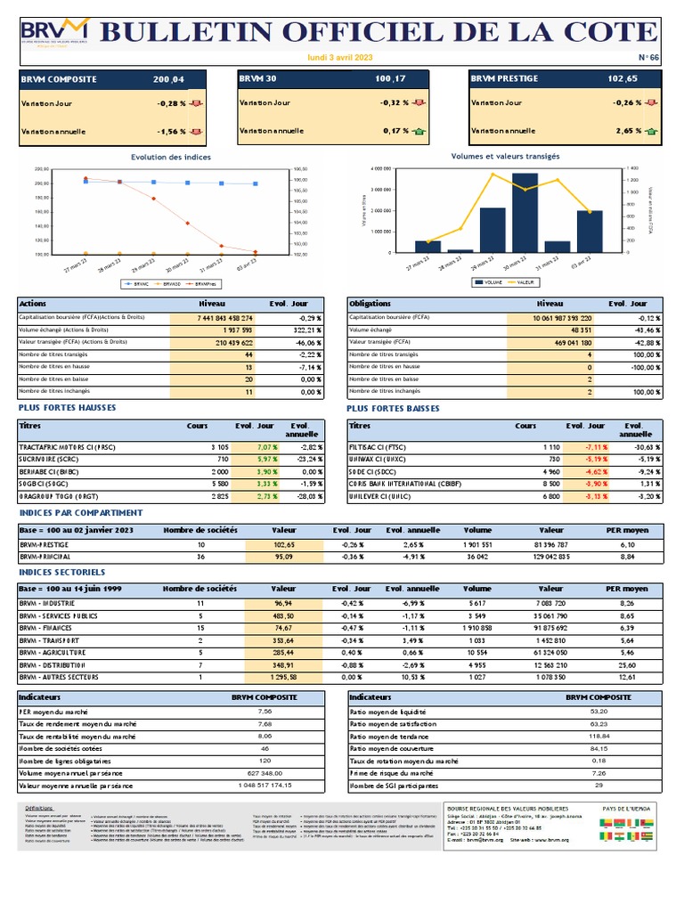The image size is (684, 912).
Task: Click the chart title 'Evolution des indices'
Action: [x=171, y=157]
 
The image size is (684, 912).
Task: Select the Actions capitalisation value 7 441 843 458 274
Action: [x=212, y=318]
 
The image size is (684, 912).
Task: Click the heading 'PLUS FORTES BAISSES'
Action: [x=393, y=408]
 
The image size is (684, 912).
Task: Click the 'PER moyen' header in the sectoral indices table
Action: [x=626, y=589]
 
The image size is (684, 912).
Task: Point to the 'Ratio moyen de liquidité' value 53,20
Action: [x=598, y=712]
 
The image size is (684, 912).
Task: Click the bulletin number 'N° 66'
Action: [x=648, y=57]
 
